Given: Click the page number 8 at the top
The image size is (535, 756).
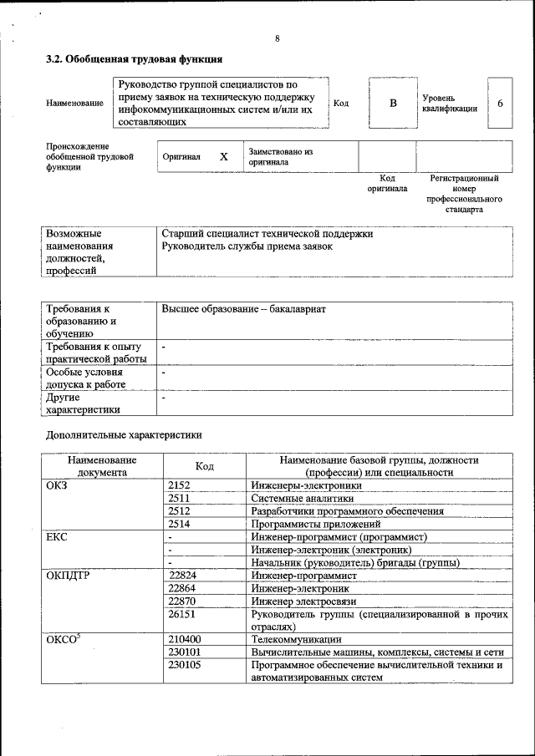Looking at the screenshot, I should pos(277,39).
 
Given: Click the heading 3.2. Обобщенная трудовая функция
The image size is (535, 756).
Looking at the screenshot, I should pos(133,60).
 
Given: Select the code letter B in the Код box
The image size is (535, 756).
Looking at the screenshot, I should pos(392,103).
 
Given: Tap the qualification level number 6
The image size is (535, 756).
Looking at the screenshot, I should pos(500,103).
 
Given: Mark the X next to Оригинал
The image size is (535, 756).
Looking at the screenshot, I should pos(223,156).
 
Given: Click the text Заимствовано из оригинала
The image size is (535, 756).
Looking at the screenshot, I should pos(279,157).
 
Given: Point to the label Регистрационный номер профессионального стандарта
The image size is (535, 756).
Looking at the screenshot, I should pos(464,194).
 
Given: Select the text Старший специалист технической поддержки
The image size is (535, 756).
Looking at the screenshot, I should pos(267,234).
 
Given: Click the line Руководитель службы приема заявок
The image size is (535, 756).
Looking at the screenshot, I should pos(247,246).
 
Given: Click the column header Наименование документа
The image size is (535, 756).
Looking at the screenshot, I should pos(102,466).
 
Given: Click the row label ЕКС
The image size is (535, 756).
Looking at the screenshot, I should pos(56,536).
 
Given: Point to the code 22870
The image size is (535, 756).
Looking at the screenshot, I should pos(181,601).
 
